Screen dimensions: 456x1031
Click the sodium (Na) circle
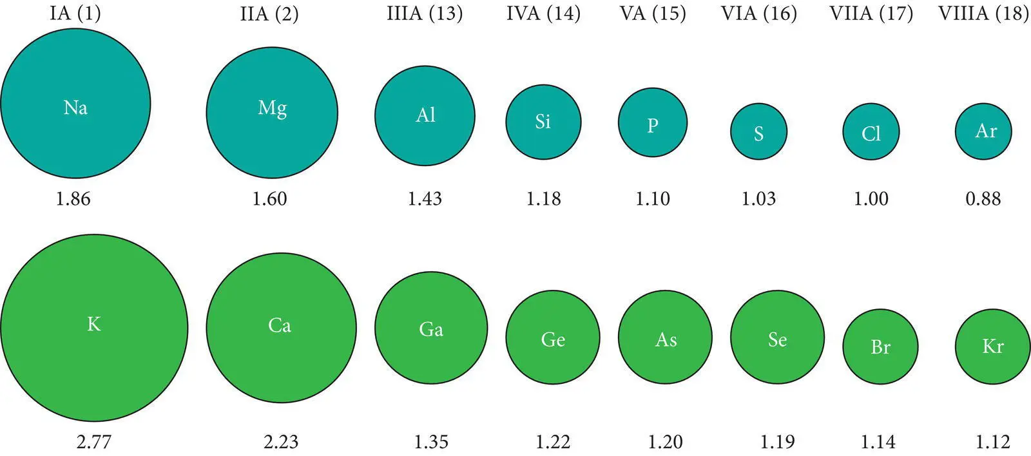(x=75, y=103)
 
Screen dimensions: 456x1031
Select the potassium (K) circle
(x=94, y=327)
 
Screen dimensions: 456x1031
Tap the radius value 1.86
(x=73, y=198)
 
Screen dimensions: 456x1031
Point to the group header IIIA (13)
(x=425, y=14)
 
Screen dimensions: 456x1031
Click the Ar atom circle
(x=983, y=131)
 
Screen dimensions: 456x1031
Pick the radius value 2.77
(x=94, y=442)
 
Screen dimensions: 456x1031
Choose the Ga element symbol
(x=431, y=329)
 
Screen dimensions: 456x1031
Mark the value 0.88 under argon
(x=983, y=198)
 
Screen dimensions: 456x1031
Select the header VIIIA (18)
(x=983, y=14)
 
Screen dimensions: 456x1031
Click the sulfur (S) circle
(x=758, y=131)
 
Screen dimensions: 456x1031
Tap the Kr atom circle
(x=992, y=347)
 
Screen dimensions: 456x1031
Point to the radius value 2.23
(x=281, y=442)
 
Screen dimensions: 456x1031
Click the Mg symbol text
(x=272, y=108)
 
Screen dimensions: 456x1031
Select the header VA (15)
(x=653, y=14)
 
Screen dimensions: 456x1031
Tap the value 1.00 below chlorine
(x=871, y=198)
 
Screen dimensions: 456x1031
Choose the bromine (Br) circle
(x=880, y=347)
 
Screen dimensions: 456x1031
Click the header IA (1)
(x=75, y=14)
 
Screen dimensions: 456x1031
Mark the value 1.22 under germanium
(x=553, y=442)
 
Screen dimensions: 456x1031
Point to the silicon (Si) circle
(x=543, y=121)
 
